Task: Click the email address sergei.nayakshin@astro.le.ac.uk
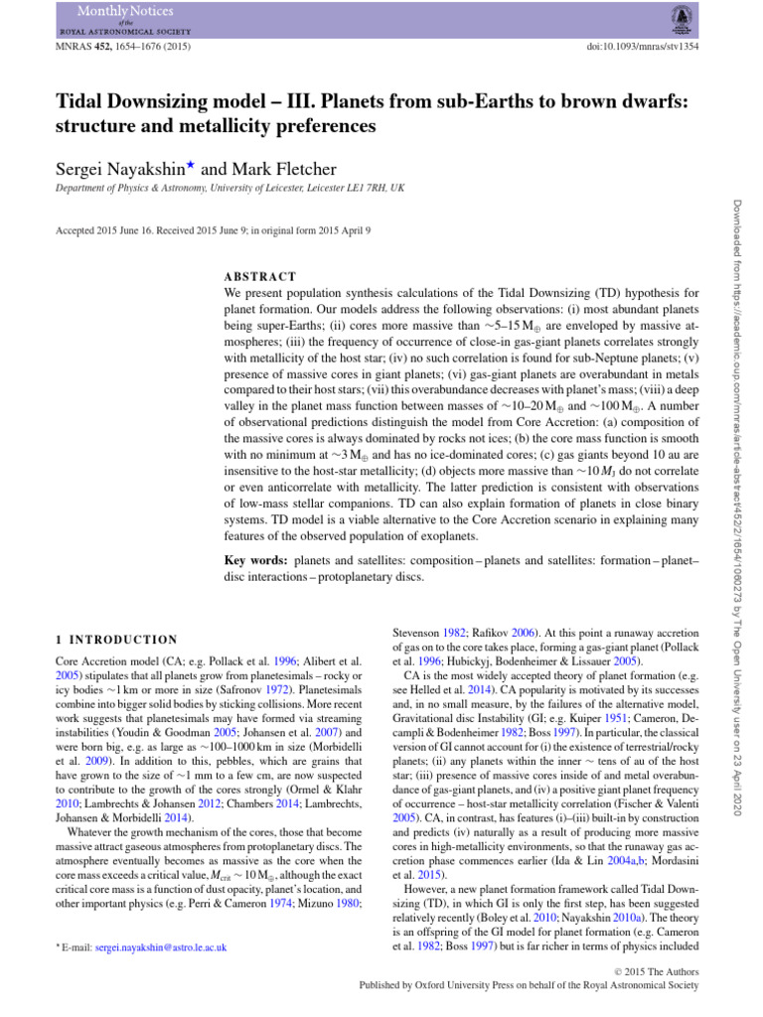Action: (161, 948)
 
